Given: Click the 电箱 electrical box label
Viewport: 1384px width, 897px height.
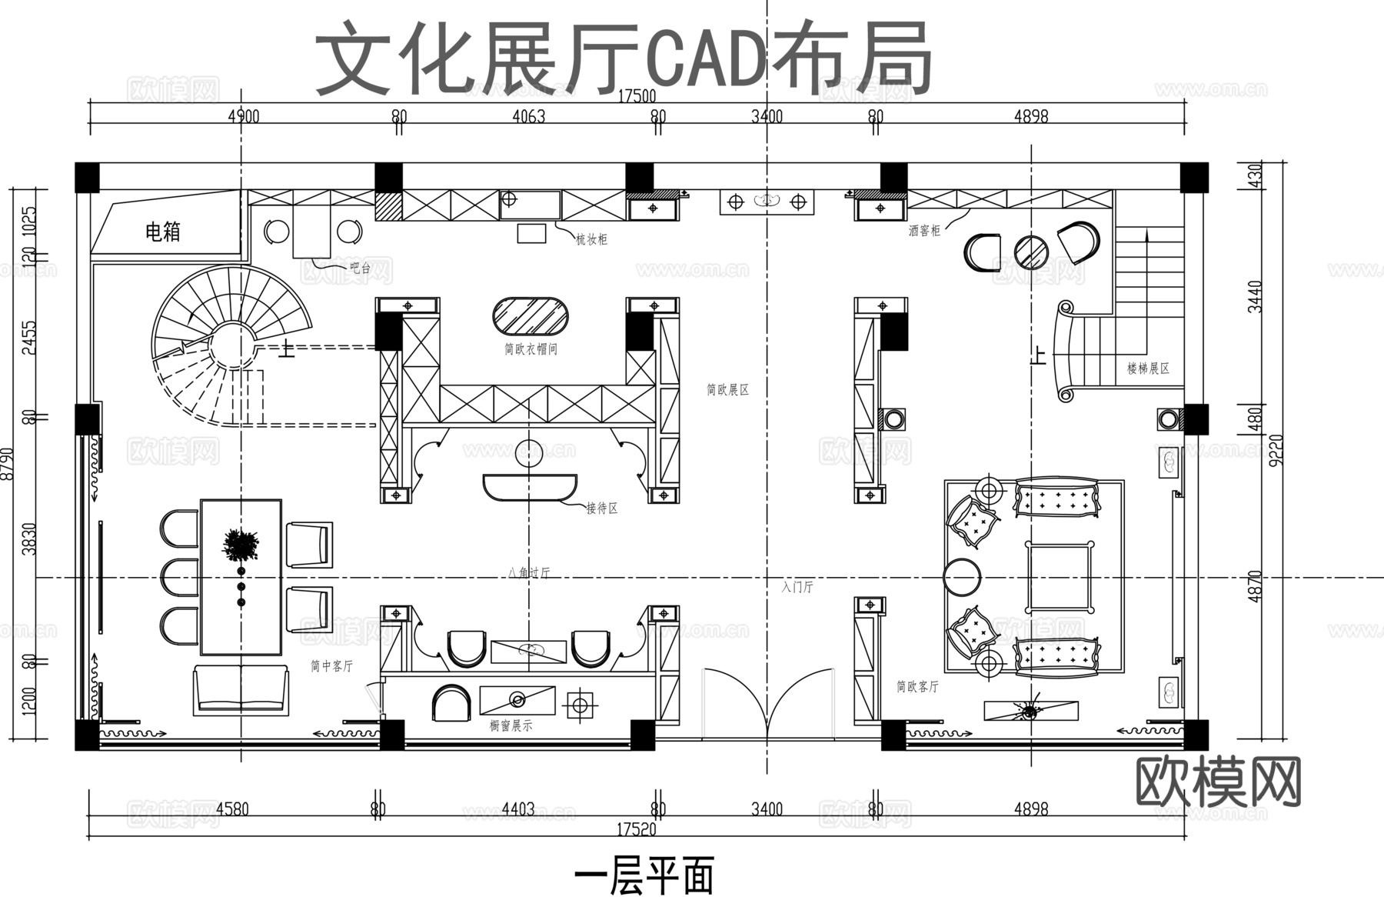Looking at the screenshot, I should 162,231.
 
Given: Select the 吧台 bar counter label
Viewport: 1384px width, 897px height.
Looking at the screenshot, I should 360,268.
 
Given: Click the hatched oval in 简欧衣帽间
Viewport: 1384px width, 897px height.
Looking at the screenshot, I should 531,315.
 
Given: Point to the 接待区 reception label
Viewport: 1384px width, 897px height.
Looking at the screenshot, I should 601,509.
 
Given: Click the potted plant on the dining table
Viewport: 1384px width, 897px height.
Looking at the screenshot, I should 241,545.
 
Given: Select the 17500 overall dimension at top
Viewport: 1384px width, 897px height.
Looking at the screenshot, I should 637,96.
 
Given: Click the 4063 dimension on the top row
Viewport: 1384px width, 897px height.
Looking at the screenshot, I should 528,117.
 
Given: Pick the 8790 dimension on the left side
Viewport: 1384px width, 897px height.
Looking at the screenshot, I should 8,464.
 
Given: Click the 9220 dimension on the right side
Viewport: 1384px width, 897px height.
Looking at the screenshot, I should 1276,450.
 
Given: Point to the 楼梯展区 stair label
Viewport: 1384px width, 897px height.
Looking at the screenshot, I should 1148,368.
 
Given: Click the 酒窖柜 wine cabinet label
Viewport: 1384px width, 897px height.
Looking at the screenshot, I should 923,230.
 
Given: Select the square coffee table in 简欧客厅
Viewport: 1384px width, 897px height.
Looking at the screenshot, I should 1060,575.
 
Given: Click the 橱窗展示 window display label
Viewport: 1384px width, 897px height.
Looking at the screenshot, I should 511,725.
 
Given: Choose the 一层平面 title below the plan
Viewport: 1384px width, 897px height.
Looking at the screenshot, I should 644,875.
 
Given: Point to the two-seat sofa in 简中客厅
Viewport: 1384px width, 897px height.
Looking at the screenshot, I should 241,690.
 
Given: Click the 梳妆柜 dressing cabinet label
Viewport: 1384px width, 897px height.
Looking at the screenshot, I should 591,239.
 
